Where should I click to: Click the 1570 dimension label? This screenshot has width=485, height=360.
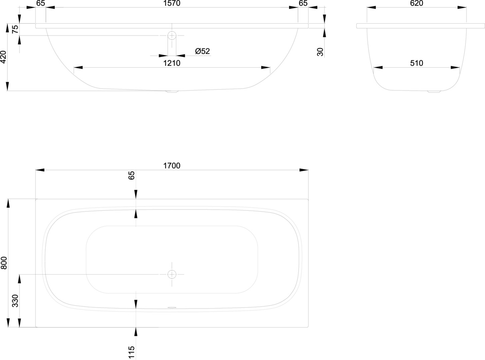(172, 3)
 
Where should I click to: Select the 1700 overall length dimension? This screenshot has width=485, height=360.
(172, 166)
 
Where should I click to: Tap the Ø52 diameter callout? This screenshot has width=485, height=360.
(203, 51)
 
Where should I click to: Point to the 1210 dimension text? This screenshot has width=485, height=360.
(172, 63)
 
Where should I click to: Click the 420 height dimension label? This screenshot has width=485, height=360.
(4, 57)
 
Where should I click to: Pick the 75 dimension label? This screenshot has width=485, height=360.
(15, 29)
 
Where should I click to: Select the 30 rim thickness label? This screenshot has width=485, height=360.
(320, 52)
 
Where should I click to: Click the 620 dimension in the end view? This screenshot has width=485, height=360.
(417, 3)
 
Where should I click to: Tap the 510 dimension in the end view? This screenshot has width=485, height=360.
(417, 63)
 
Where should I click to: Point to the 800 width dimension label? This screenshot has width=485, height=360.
(4, 263)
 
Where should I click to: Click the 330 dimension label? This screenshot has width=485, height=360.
(15, 301)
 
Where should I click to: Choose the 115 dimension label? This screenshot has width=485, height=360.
(132, 352)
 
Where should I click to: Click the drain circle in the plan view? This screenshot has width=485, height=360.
(172, 274)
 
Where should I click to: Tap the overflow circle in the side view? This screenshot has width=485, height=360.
(172, 35)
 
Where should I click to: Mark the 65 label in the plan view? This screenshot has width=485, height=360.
(132, 175)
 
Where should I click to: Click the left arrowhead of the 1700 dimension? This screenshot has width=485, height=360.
(40, 170)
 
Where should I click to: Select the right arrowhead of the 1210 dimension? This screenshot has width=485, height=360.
(265, 67)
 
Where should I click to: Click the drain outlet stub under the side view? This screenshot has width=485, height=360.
(172, 92)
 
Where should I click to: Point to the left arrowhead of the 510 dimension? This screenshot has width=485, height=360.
(378, 67)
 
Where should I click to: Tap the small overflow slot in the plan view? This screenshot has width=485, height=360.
(172, 307)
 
